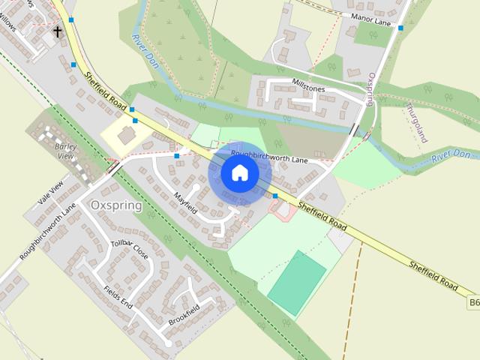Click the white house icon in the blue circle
tap(240, 173)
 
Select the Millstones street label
tap(308, 88)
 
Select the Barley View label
tap(65, 151)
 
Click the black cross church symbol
tap(58, 31)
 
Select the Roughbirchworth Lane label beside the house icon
tap(269, 159)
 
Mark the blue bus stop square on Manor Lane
tap(401, 28)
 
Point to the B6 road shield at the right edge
tap(473, 302)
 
